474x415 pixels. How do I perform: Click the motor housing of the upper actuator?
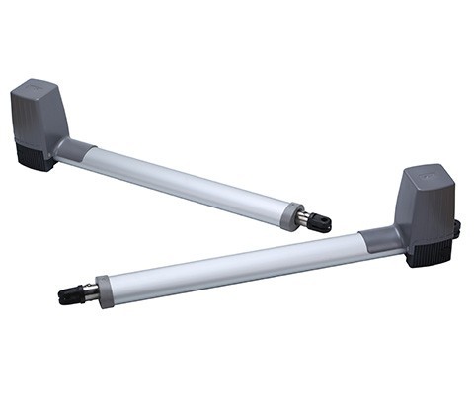coord(39,114)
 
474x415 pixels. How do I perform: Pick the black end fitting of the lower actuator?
coord(69,295)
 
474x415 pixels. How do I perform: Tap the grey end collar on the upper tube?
coord(291,215)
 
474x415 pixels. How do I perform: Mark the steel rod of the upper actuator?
coord(304,219)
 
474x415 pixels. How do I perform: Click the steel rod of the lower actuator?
coord(88,292)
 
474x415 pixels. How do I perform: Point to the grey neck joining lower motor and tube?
coord(380,240)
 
